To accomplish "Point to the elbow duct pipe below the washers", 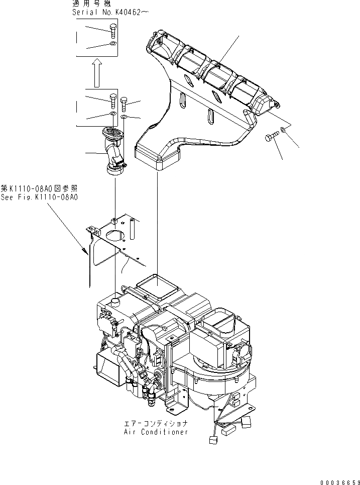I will [114, 153].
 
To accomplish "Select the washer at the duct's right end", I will [284, 130].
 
